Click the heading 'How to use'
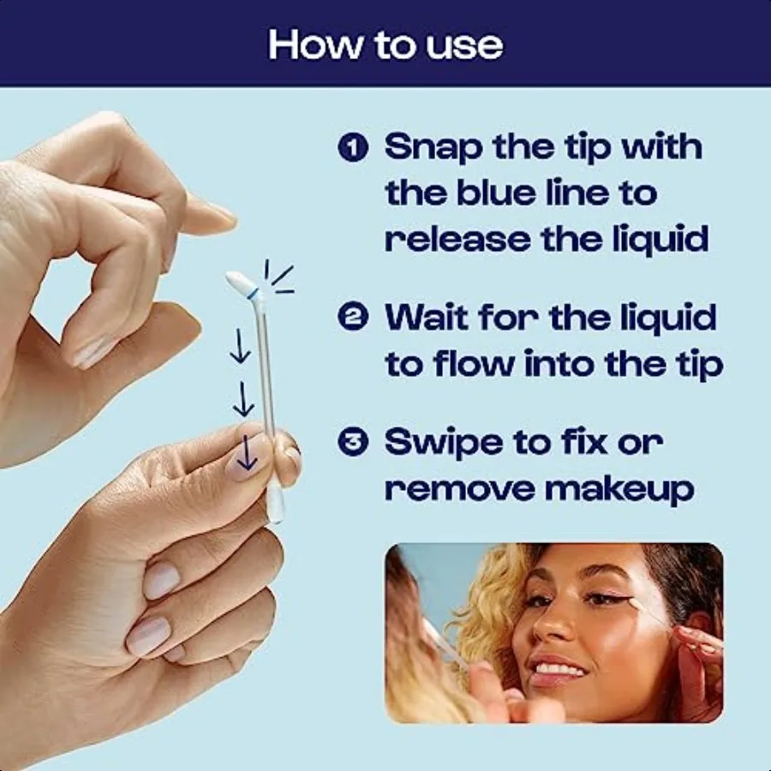[385, 45]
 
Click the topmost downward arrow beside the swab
[241, 349]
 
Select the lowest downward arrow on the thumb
[248, 453]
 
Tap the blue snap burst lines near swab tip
[278, 279]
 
